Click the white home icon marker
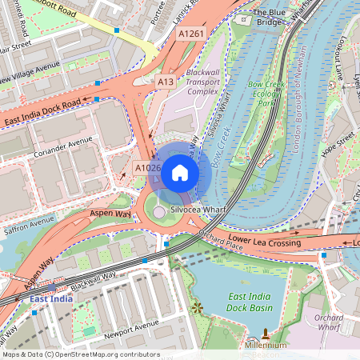pyautogui.click(x=180, y=172)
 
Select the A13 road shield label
pyautogui.click(x=166, y=82)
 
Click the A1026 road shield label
pyautogui.click(x=147, y=168)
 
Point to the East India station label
pyautogui.click(x=51, y=298)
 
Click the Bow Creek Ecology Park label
pyautogui.click(x=265, y=93)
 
